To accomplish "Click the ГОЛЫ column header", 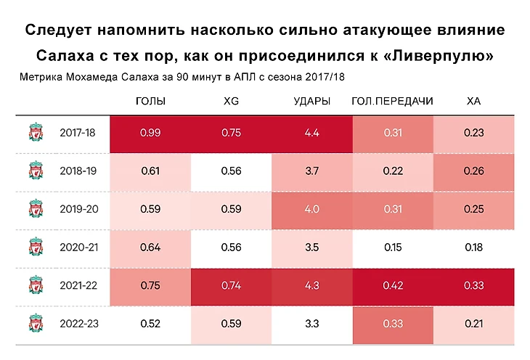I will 150,101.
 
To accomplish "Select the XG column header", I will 232,101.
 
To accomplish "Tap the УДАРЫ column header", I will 312,101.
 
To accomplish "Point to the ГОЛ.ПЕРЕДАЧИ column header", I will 392,101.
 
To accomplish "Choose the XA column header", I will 473,101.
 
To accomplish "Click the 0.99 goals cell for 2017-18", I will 150,134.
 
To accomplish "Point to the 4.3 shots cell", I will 312,285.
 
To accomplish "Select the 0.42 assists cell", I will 392,285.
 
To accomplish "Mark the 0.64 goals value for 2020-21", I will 150,247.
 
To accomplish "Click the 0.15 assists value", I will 392,247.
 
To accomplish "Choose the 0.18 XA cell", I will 473,247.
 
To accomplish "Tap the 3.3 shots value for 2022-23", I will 312,323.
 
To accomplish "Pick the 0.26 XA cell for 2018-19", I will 473,171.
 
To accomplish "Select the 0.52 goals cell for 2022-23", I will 150,323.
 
